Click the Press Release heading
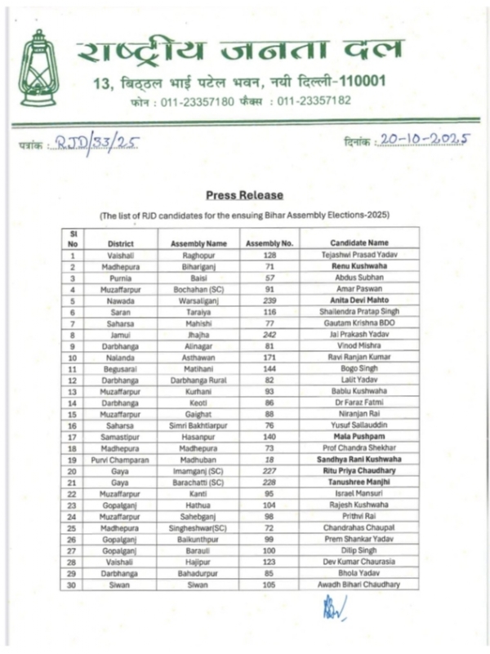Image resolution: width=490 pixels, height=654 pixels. click(x=244, y=195)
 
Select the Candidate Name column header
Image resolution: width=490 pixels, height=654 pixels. click(x=359, y=243)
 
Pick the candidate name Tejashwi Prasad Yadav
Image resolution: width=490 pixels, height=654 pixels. click(x=359, y=256)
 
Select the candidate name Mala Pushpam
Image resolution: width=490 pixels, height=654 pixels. click(x=359, y=438)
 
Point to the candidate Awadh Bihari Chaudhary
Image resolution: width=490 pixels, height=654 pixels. click(x=359, y=585)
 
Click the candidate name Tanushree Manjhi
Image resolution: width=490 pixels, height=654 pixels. click(x=359, y=483)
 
